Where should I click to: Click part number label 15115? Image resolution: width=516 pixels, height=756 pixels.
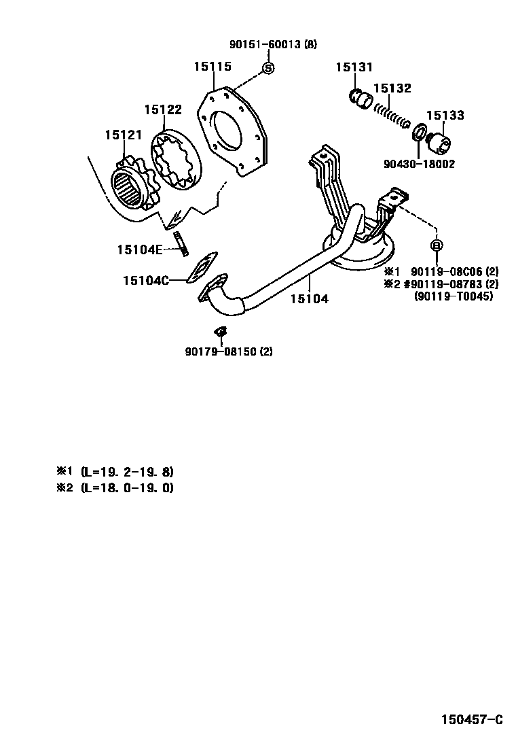pos(213,67)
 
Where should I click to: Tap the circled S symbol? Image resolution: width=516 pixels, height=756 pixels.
pos(268,67)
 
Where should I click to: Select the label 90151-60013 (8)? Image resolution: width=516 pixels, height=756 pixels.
pos(273,45)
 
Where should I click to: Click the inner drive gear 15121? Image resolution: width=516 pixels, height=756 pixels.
pos(133,186)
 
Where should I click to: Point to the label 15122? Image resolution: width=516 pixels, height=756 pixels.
pos(163,109)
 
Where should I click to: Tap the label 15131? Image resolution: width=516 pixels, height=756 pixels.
pos(354,67)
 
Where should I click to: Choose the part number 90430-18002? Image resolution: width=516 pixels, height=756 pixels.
pos(419,164)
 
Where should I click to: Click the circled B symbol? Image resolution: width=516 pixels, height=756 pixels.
pos(436,245)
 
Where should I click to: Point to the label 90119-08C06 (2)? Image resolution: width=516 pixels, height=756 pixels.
pos(454,271)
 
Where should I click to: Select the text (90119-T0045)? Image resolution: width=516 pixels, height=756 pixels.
pos(454,296)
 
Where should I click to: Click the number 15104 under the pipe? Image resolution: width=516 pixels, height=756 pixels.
pos(310,298)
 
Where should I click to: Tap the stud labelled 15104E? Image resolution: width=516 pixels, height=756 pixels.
pos(182,243)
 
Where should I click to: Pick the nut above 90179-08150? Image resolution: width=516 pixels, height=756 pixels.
pos(221,332)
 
